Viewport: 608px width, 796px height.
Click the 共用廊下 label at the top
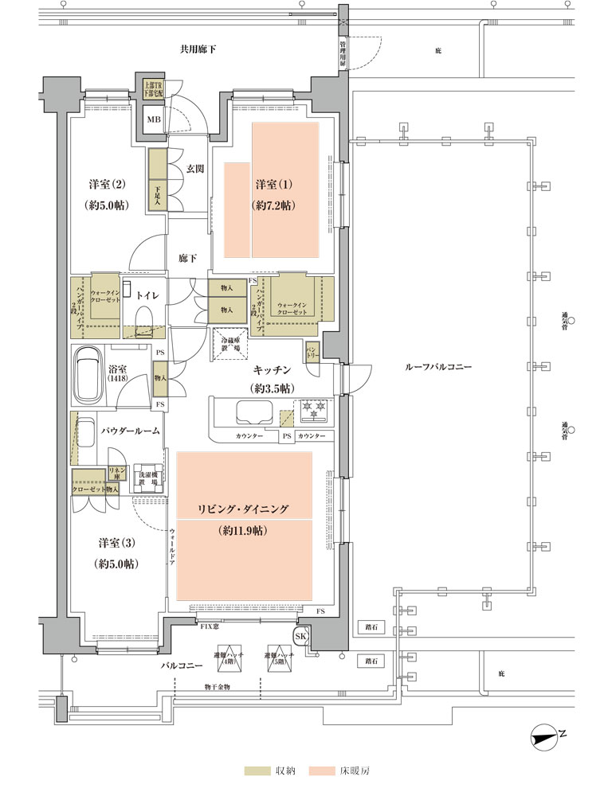coord(197,50)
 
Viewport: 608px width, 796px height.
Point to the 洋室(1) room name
coord(274,185)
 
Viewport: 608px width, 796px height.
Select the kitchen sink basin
coord(254,412)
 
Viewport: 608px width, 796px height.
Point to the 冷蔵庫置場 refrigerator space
coord(229,345)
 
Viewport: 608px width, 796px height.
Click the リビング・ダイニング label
coord(243,508)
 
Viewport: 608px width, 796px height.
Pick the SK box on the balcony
coord(302,636)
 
